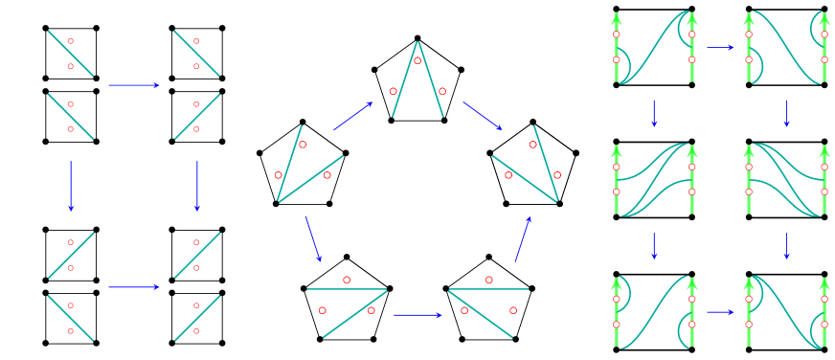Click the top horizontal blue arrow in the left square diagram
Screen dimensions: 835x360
click(134, 85)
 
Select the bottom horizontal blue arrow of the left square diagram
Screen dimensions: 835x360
click(134, 287)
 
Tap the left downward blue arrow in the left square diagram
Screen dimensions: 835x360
click(71, 186)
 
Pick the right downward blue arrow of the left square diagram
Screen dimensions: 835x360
click(197, 186)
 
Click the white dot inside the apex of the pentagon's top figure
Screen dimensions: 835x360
click(417, 60)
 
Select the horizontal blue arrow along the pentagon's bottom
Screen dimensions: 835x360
click(417, 314)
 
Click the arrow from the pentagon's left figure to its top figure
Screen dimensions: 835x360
click(352, 116)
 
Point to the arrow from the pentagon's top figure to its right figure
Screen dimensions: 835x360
click(483, 116)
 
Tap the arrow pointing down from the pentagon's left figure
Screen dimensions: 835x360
click(313, 238)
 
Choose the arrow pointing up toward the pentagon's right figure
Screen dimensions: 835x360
click(523, 238)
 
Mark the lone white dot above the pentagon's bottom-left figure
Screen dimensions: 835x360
click(347, 280)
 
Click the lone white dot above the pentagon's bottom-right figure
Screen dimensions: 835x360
click(489, 280)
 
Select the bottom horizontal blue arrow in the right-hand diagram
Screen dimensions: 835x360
click(720, 311)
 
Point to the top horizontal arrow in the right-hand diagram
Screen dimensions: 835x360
click(720, 47)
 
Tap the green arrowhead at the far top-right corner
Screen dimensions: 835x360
click(824, 18)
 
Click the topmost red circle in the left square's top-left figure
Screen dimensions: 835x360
click(71, 41)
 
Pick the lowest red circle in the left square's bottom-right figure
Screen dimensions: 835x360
click(196, 331)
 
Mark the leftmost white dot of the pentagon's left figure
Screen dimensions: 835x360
click(279, 175)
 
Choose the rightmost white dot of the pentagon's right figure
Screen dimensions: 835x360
click(557, 175)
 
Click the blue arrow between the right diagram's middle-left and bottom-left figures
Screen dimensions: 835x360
click(654, 245)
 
